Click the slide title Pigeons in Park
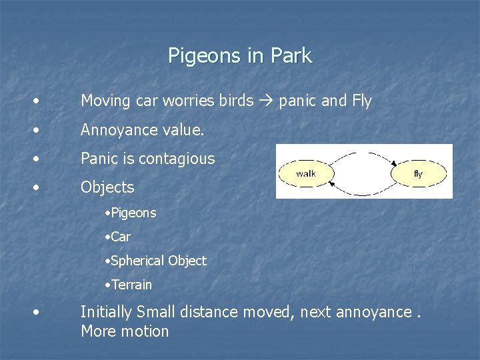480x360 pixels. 239,55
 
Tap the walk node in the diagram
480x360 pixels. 306,173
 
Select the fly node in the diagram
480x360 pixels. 418,173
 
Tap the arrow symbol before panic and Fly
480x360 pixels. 267,101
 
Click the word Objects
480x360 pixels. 107,187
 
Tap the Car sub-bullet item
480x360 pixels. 121,237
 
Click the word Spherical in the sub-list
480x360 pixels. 138,261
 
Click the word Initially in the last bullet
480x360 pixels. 107,311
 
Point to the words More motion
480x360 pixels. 125,331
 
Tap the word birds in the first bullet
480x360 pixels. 236,101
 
